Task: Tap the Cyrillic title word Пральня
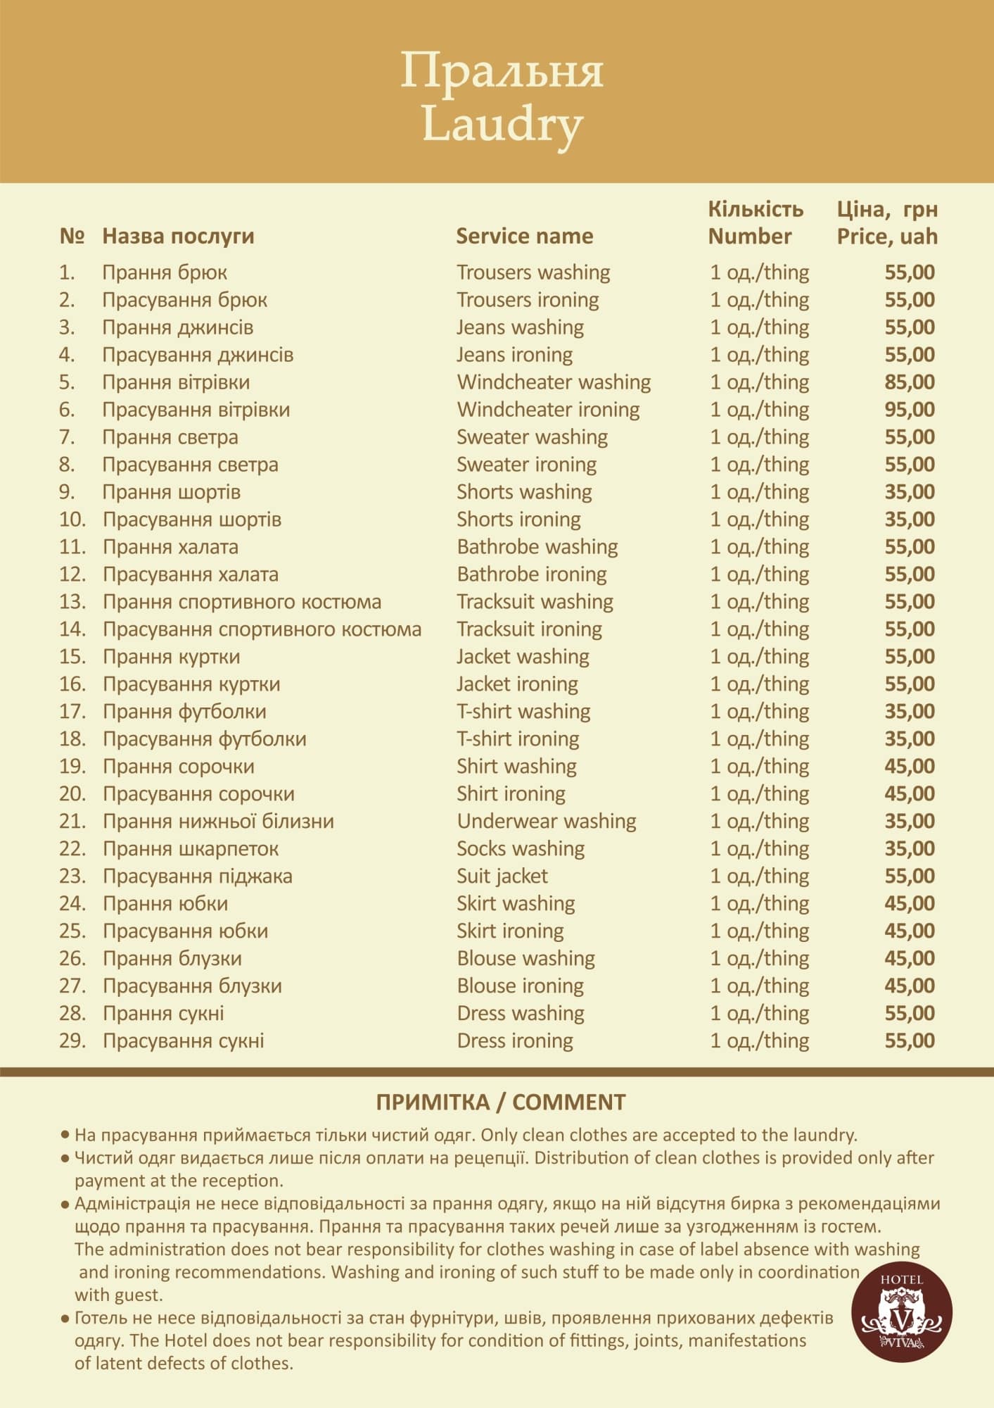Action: click(x=502, y=71)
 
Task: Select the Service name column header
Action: click(x=524, y=236)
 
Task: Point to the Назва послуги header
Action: click(x=178, y=236)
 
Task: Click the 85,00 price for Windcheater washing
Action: click(x=909, y=382)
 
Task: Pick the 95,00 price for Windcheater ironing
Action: click(x=909, y=410)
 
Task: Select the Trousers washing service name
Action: click(x=533, y=272)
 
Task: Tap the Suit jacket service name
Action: click(x=502, y=876)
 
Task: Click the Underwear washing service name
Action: click(x=546, y=822)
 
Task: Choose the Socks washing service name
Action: click(x=521, y=849)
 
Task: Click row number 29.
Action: click(x=72, y=1041)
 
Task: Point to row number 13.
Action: click(x=72, y=602)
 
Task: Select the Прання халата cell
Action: click(x=170, y=547)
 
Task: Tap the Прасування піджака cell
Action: click(x=197, y=876)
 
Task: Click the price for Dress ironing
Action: click(x=909, y=1041)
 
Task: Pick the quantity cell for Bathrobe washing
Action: click(x=759, y=547)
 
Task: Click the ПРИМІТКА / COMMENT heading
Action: click(x=501, y=1102)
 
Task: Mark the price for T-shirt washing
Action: click(x=909, y=712)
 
